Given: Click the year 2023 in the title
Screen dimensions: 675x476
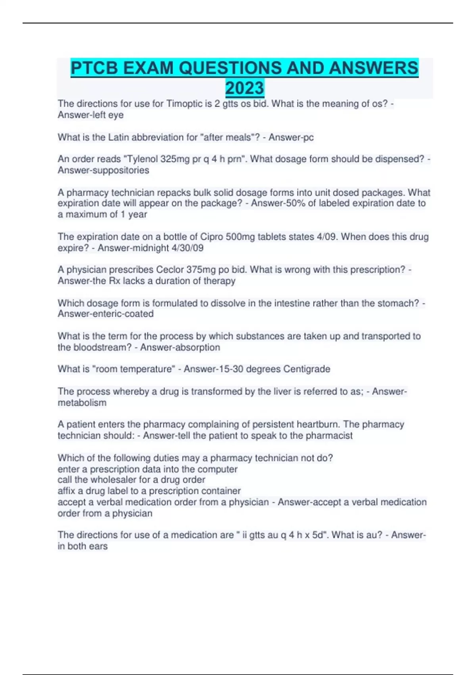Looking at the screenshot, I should tap(244, 88).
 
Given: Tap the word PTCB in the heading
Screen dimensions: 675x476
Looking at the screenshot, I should tap(94, 68).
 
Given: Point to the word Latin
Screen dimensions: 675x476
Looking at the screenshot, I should tap(119, 137).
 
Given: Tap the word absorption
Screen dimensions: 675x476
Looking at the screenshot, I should tap(197, 347).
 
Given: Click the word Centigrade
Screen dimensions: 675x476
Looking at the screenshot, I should tap(307, 369).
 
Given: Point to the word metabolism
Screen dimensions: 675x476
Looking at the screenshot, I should tap(82, 403).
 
